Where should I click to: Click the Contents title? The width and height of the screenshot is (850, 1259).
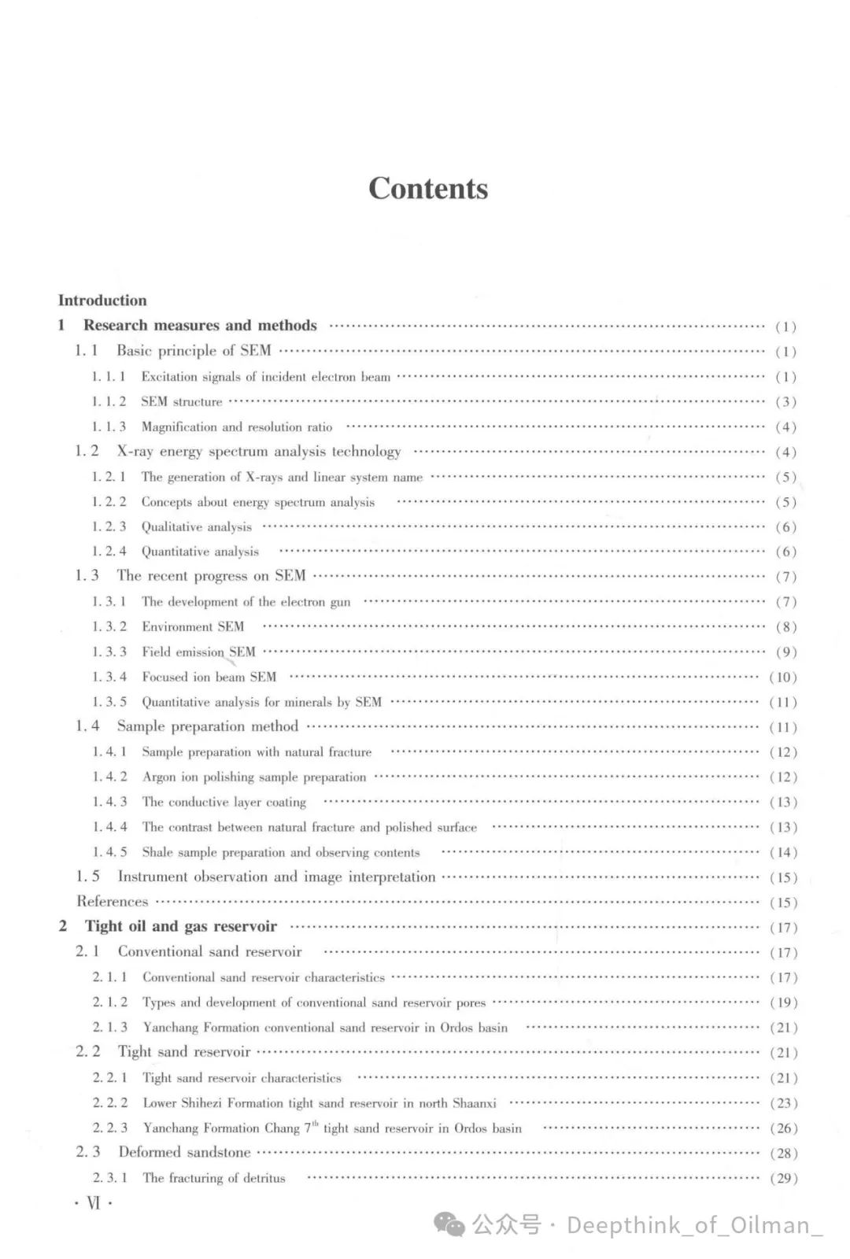pyautogui.click(x=428, y=189)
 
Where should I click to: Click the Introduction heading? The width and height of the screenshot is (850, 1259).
pyautogui.click(x=102, y=301)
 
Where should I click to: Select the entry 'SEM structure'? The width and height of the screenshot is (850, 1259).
pyautogui.click(x=182, y=402)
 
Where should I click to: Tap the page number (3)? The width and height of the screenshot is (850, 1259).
pyautogui.click(x=785, y=402)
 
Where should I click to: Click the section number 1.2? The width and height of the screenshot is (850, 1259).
pyautogui.click(x=87, y=452)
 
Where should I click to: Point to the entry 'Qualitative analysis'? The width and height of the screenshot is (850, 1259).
pyautogui.click(x=197, y=527)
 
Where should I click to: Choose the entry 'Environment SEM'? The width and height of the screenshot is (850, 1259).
pyautogui.click(x=193, y=627)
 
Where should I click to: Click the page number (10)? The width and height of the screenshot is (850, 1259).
pyautogui.click(x=783, y=677)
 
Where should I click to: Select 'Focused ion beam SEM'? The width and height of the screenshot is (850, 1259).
pyautogui.click(x=209, y=677)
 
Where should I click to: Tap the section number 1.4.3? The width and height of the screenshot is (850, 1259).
pyautogui.click(x=109, y=802)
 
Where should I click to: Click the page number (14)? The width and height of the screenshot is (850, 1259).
pyautogui.click(x=783, y=852)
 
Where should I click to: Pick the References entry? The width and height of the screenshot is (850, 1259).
pyautogui.click(x=113, y=902)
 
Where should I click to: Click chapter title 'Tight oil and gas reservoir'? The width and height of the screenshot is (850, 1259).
pyautogui.click(x=181, y=927)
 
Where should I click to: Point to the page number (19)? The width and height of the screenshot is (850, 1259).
pyautogui.click(x=783, y=1002)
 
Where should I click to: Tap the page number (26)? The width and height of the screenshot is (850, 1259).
pyautogui.click(x=783, y=1128)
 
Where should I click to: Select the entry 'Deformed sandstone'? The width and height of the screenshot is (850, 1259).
pyautogui.click(x=184, y=1153)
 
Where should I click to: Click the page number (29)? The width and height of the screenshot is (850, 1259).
pyautogui.click(x=783, y=1179)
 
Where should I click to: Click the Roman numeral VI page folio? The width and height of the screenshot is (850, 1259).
pyautogui.click(x=94, y=1203)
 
